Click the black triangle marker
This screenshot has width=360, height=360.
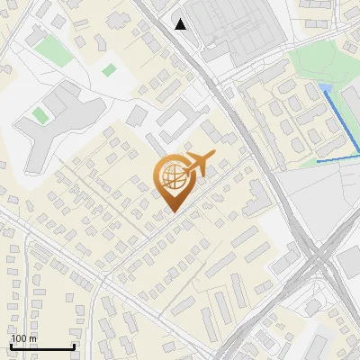tap(181, 24)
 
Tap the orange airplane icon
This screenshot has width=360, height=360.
tap(199, 164)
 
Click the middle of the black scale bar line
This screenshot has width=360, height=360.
tap(42, 347)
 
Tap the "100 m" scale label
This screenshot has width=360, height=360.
tap(24, 339)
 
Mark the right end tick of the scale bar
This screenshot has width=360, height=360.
tap(74, 346)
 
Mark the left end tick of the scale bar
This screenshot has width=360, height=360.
tap(11, 346)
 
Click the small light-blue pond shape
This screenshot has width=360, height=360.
tap(324, 87)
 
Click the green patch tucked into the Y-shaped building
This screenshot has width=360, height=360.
tap(40, 115)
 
